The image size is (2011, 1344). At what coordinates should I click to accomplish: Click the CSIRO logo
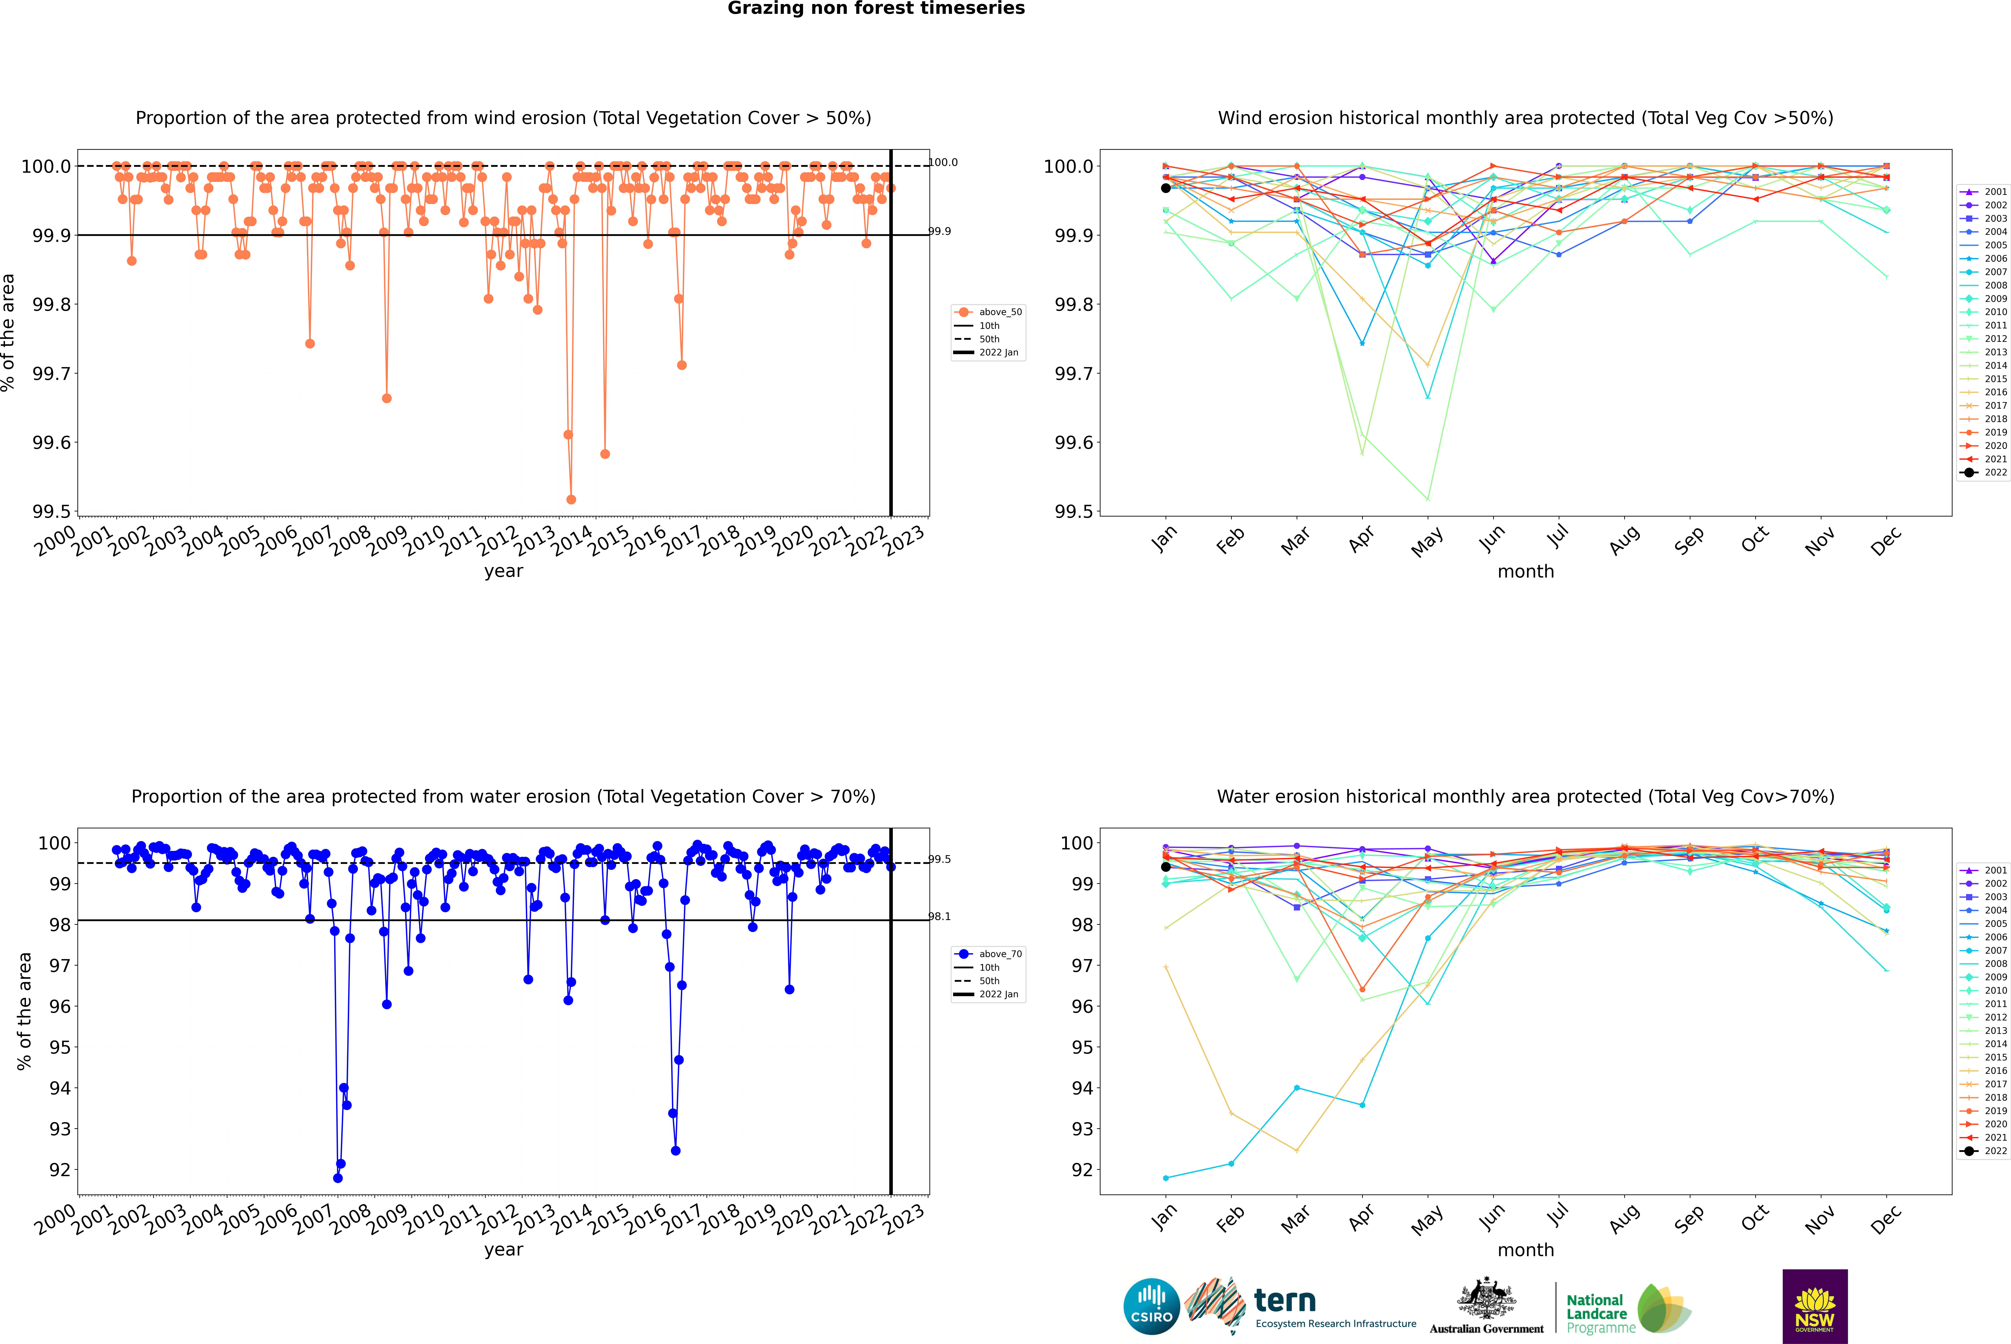(1151, 1306)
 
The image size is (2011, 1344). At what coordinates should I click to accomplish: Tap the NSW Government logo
(1815, 1306)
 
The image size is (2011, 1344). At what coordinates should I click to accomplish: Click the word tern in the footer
(1284, 1300)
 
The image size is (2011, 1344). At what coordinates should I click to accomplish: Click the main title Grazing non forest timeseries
(876, 9)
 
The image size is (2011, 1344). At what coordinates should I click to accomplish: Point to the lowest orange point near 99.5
(571, 499)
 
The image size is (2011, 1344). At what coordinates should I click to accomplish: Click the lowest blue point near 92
(338, 1178)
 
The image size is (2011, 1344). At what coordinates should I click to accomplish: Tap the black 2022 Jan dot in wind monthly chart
(1166, 188)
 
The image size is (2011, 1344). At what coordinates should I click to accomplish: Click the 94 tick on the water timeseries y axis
(60, 1088)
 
